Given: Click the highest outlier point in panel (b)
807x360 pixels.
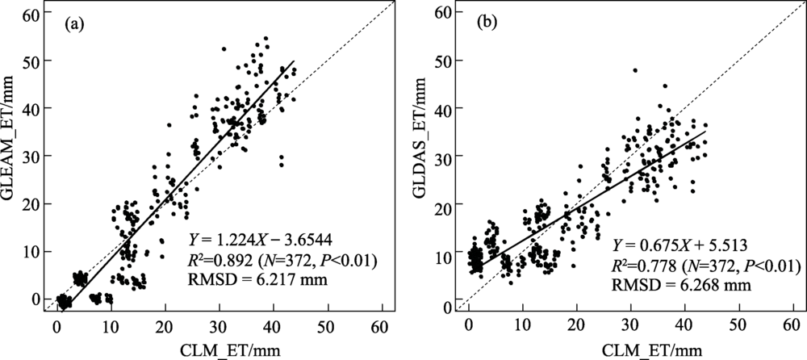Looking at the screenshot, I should [x=635, y=70].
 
